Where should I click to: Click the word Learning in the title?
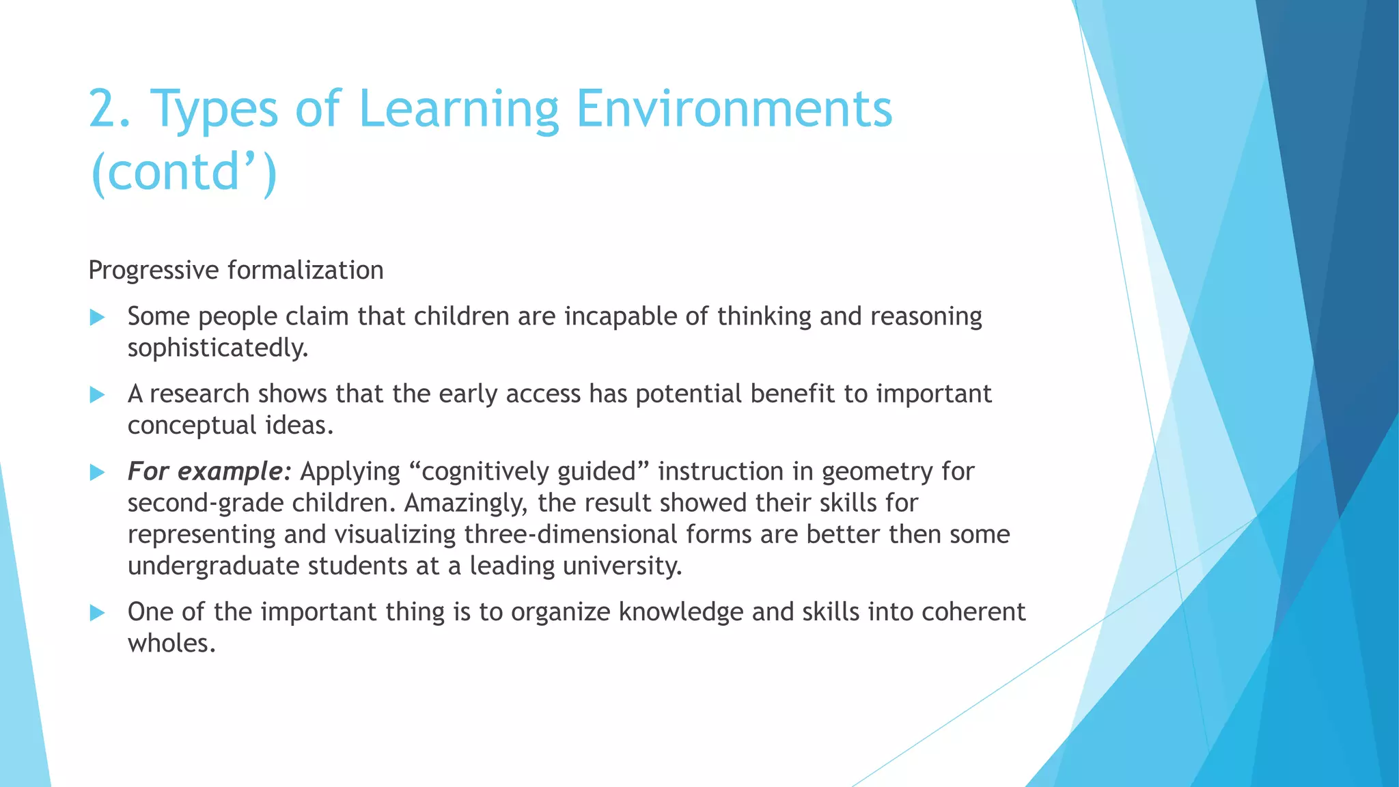pos(458,109)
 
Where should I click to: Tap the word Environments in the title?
pos(734,109)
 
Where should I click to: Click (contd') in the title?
pos(183,172)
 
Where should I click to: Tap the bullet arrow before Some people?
pos(97,317)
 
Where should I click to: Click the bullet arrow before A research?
pos(97,395)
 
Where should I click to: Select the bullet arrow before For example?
pos(97,472)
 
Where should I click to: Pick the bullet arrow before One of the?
pos(97,613)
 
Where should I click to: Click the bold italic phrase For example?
pos(210,471)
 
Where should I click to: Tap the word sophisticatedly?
pos(218,348)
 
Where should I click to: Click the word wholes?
pos(171,644)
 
